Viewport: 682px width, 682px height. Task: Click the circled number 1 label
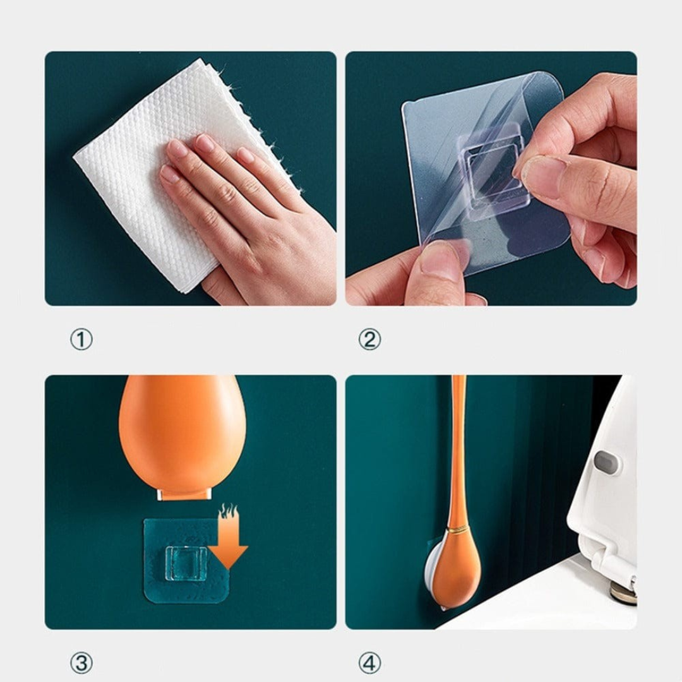pos(81,340)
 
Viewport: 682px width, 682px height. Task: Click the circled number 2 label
pos(369,340)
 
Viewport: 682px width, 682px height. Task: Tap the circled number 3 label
pos(81,663)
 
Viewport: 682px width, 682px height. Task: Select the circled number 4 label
pos(369,663)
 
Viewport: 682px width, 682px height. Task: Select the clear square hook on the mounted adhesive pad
pos(186,562)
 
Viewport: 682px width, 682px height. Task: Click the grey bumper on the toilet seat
pos(606,462)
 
